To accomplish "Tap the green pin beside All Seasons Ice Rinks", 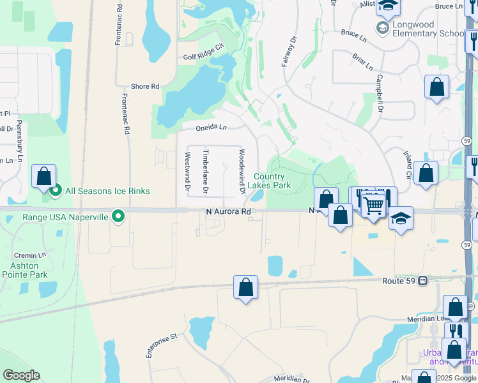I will pyautogui.click(x=56, y=190).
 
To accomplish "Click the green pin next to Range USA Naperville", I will pyautogui.click(x=118, y=217).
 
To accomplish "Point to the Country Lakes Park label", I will pyautogui.click(x=273, y=181).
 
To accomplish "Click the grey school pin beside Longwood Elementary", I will pyautogui.click(x=382, y=28).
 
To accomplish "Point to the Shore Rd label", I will pyautogui.click(x=144, y=86).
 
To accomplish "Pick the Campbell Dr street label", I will pyautogui.click(x=379, y=94).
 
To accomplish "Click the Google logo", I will pyautogui.click(x=21, y=375).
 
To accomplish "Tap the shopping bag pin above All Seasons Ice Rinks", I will pyautogui.click(x=43, y=176).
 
